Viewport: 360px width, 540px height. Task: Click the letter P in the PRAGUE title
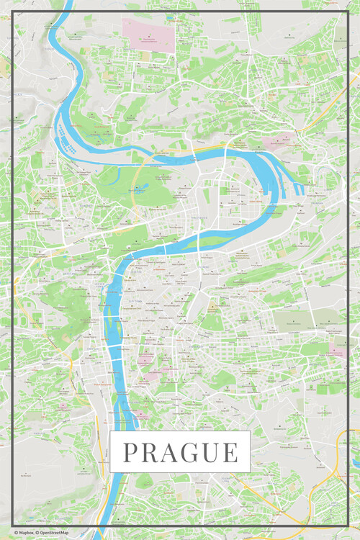130,452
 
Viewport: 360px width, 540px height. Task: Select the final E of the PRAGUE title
230,452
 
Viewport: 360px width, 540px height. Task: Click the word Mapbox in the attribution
27,533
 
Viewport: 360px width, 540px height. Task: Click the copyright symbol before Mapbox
15,533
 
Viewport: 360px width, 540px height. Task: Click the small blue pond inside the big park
138,190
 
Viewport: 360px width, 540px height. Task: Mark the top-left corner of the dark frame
12,12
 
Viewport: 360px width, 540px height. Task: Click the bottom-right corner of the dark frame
348,526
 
